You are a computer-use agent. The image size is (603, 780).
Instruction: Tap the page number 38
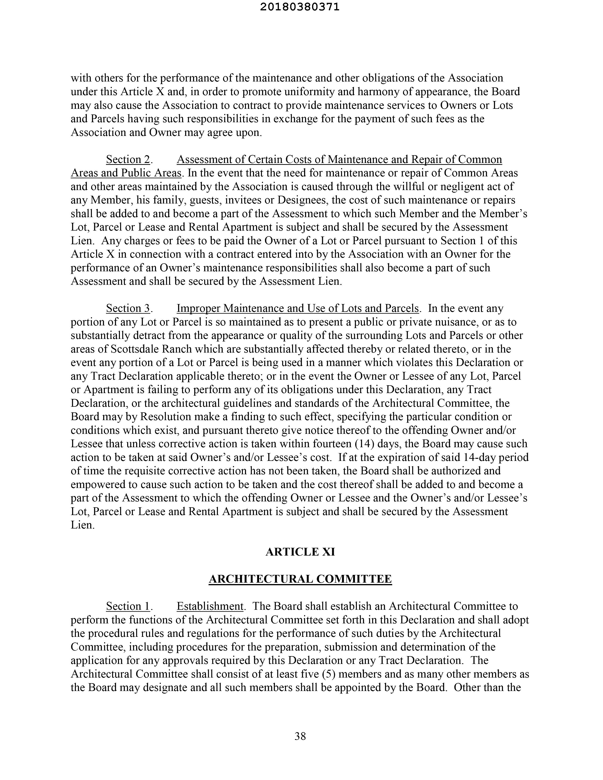coord(300,736)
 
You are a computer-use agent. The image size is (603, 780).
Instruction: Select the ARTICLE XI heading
coord(300,552)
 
